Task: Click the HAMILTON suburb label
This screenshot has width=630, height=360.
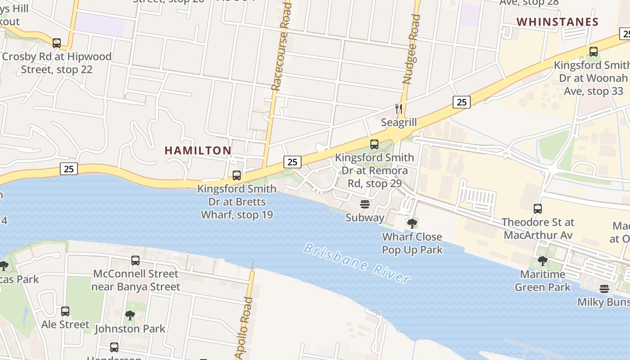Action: [x=198, y=150]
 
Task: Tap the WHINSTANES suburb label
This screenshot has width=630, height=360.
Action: [x=557, y=22]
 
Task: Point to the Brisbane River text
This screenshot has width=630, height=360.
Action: [x=357, y=263]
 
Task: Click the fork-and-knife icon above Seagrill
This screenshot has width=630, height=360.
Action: [x=398, y=108]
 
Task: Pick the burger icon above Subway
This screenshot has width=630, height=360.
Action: [x=364, y=204]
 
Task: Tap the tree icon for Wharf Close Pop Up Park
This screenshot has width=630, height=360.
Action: [x=412, y=223]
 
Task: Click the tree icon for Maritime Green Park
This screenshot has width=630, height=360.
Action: [x=543, y=261]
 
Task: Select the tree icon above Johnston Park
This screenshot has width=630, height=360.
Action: [x=130, y=315]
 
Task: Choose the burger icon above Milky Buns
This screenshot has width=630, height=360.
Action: [x=604, y=288]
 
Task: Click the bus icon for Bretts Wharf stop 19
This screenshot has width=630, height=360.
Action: [x=237, y=175]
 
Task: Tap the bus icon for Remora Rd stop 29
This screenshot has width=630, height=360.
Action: [x=374, y=144]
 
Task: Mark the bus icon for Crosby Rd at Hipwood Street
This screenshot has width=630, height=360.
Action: [x=57, y=43]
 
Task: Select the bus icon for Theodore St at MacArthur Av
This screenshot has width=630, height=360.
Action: [x=538, y=209]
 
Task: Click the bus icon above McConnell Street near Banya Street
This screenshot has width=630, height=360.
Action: [x=135, y=261]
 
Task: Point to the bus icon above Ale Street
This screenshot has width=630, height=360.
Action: [x=65, y=311]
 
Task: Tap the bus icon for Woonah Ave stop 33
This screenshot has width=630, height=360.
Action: [x=594, y=52]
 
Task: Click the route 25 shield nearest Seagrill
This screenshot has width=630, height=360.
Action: [x=461, y=102]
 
